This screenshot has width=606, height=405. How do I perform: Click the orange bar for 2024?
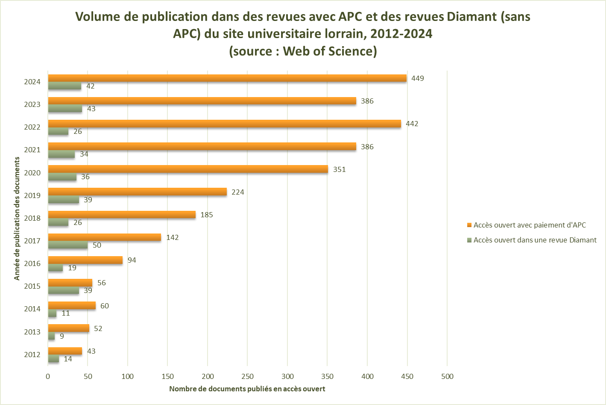(x=227, y=78)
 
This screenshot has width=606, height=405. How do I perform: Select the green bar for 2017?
(x=68, y=245)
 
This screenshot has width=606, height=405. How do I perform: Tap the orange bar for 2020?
(x=188, y=169)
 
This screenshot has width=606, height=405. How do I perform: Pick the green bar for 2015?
(x=64, y=291)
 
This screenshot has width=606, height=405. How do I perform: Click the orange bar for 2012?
(x=65, y=351)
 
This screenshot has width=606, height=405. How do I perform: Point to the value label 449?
(x=417, y=78)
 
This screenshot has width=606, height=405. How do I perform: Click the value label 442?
(x=412, y=124)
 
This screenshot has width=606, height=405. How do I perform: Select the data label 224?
(x=238, y=192)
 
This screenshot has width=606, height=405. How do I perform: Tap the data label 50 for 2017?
(x=97, y=245)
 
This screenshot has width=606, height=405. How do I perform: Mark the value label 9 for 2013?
(x=62, y=336)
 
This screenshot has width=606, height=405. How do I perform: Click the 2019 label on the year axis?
(x=32, y=195)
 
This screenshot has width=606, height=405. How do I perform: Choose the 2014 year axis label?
(x=32, y=309)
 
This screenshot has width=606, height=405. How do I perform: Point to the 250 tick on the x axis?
(x=247, y=377)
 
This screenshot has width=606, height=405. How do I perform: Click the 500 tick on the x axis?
(x=447, y=377)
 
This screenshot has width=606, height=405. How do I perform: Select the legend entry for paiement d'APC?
(x=529, y=225)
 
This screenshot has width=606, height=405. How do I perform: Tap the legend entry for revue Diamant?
(x=535, y=240)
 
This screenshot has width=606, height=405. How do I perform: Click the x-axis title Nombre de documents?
(x=247, y=389)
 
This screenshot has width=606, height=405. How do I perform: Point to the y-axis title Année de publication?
(x=17, y=219)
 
